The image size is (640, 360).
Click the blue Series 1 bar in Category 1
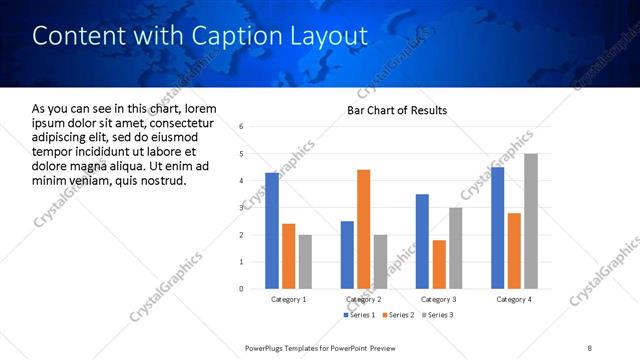click(x=272, y=231)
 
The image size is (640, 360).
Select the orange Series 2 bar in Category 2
click(x=363, y=229)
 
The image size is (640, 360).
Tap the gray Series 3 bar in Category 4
click(x=531, y=221)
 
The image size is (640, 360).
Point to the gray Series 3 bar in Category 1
click(x=305, y=262)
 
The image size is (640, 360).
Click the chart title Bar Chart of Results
click(x=397, y=110)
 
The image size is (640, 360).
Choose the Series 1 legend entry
click(x=361, y=315)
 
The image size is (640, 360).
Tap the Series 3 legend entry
click(x=438, y=315)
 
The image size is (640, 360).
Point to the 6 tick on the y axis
click(x=241, y=127)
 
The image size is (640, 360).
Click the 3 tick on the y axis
click(x=241, y=208)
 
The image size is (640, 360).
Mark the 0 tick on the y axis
click(x=241, y=289)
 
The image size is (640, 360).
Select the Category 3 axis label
click(x=440, y=299)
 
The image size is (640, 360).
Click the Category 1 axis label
click(x=288, y=299)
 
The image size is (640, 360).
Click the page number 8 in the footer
click(x=590, y=347)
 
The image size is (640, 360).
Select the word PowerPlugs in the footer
click(x=268, y=347)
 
